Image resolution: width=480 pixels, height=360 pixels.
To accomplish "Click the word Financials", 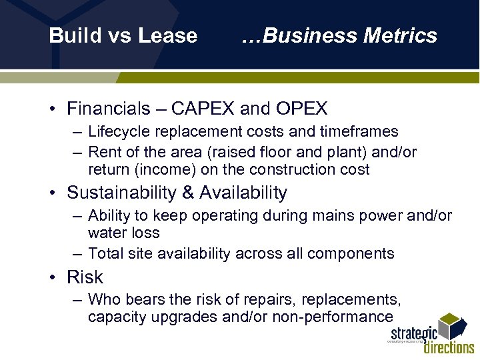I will (x=108, y=109).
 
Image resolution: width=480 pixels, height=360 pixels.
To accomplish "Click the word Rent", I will (x=103, y=152).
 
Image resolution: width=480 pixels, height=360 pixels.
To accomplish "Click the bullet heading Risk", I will (x=85, y=277).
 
